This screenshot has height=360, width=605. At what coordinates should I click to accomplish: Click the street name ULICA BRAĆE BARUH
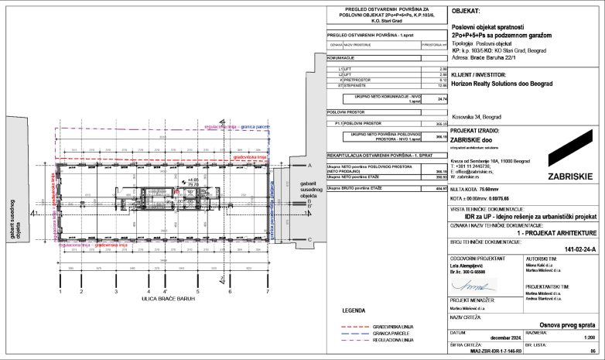(164, 297)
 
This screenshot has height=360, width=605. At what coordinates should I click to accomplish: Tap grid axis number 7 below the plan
(268, 292)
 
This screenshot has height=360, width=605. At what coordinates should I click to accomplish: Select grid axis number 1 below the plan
(60, 292)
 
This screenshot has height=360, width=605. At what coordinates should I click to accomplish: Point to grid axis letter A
(309, 166)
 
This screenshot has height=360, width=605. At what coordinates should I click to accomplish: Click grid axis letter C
(309, 240)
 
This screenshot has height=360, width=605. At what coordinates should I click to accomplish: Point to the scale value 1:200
(586, 338)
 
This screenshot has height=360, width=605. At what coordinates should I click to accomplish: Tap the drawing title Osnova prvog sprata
(564, 325)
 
